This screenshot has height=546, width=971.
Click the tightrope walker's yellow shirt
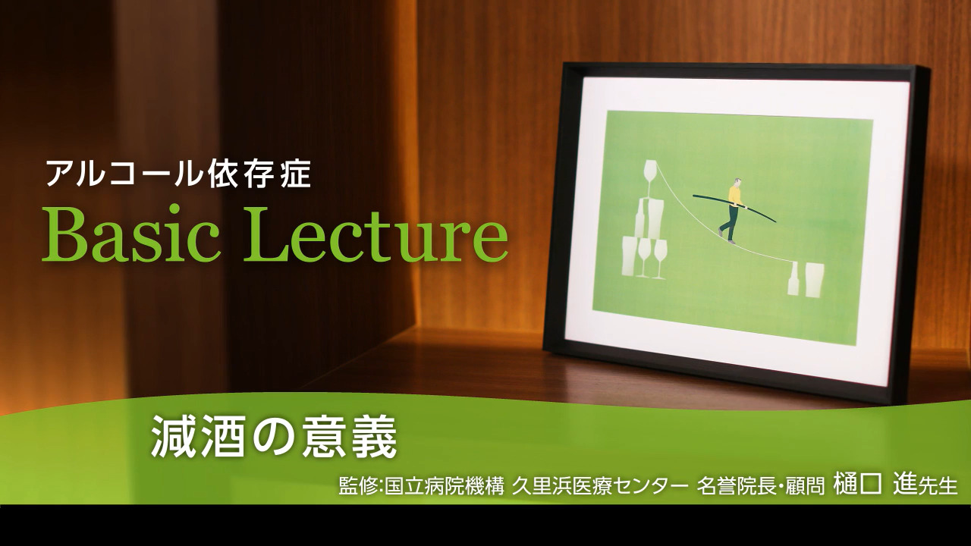[734, 196]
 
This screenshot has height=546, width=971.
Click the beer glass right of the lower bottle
[814, 280]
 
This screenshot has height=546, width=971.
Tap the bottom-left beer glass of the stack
[630, 256]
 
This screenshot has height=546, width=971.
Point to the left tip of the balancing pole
[693, 196]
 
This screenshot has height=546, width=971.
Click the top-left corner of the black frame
[563, 63]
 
